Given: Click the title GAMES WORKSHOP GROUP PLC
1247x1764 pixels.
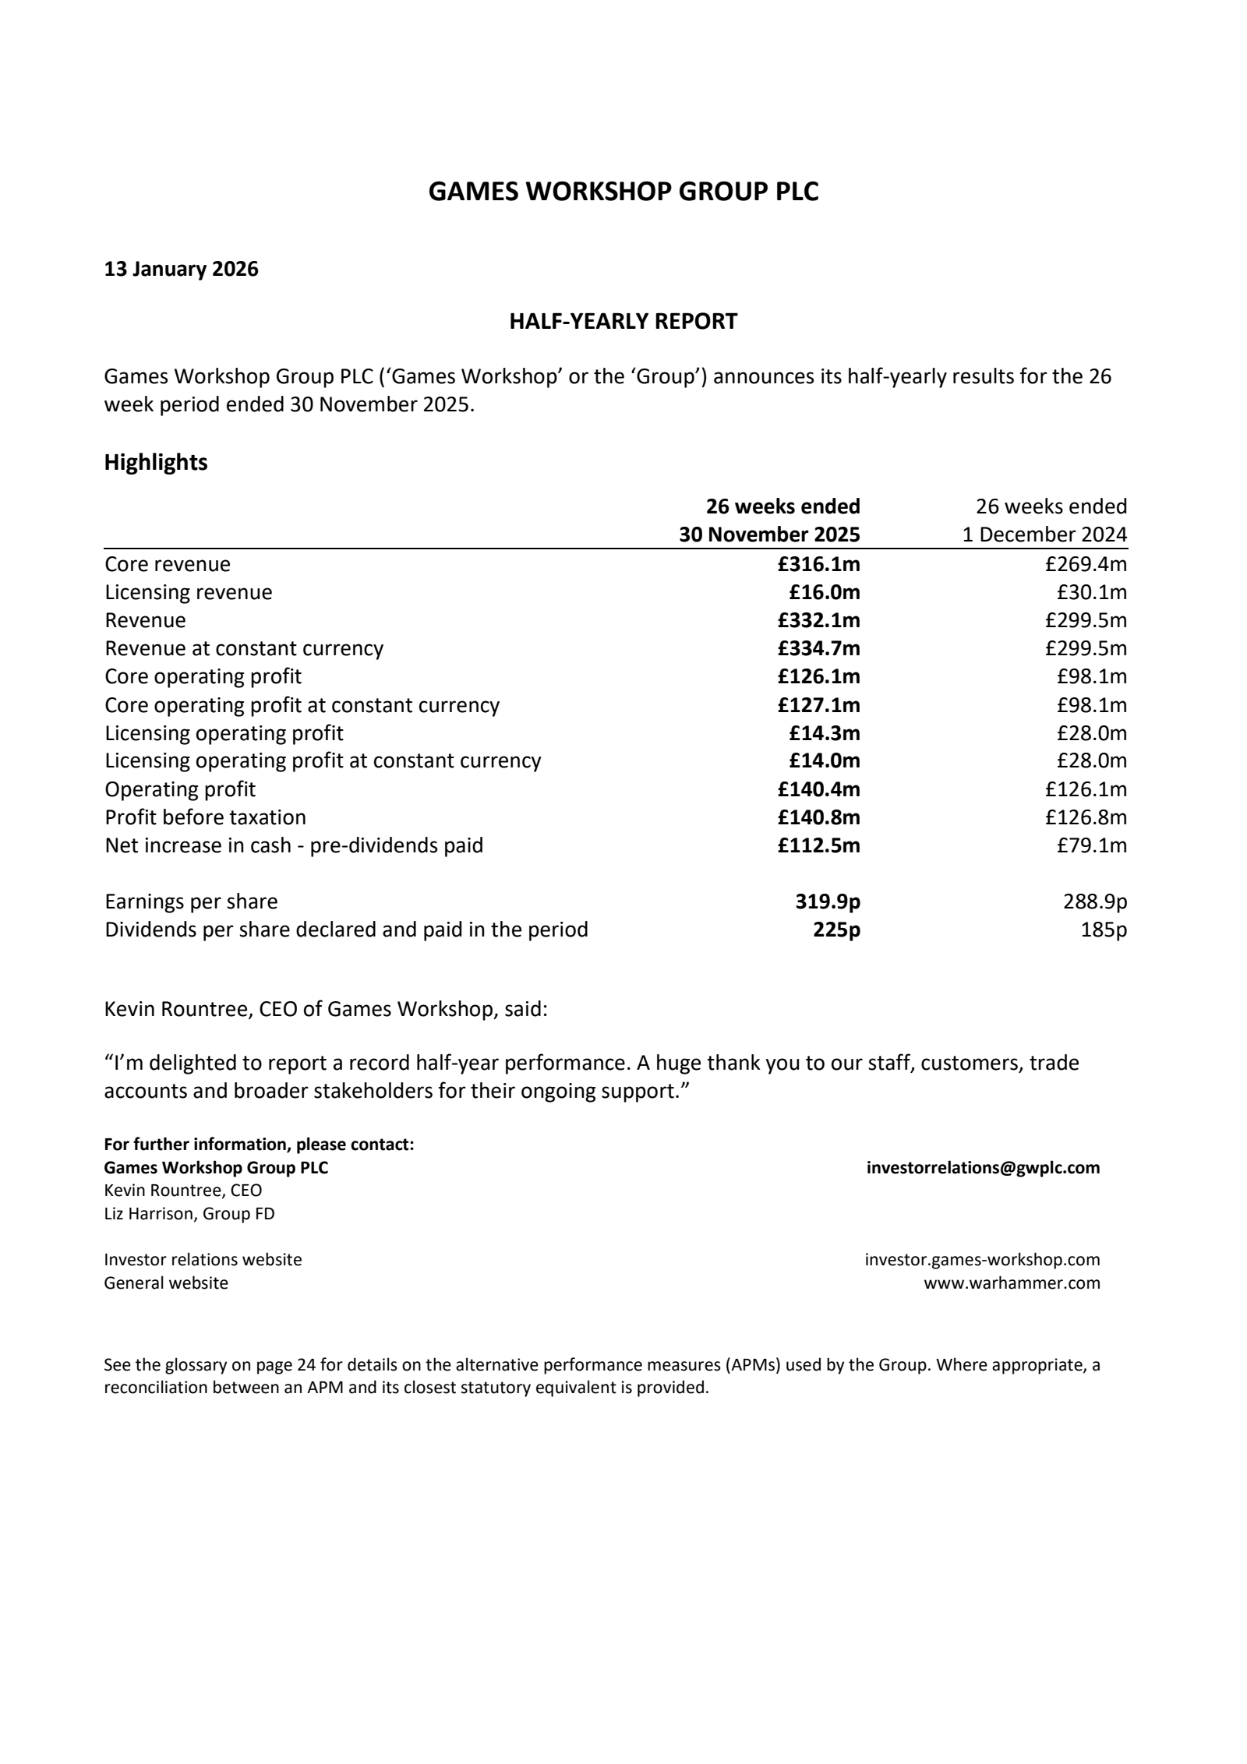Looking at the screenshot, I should pyautogui.click(x=623, y=192).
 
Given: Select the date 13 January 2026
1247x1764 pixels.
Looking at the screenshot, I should pyautogui.click(x=181, y=270).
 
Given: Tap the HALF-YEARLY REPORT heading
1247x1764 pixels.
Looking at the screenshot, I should pyautogui.click(x=623, y=322).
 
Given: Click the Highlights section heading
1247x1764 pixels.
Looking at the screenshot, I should pyautogui.click(x=156, y=463).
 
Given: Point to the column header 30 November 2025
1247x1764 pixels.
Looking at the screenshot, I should pyautogui.click(x=768, y=534).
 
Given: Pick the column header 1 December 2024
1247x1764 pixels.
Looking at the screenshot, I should pyautogui.click(x=1044, y=534).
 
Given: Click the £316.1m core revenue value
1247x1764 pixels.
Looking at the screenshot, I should pyautogui.click(x=818, y=564).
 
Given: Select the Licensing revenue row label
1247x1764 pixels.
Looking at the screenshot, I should pyautogui.click(x=189, y=592).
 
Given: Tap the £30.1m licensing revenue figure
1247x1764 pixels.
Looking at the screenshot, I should pyautogui.click(x=1091, y=592).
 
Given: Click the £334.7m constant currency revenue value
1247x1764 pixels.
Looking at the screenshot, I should pyautogui.click(x=818, y=648).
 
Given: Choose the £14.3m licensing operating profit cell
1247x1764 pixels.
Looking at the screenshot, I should pyautogui.click(x=824, y=733).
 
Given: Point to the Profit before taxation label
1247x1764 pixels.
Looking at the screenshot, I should pyautogui.click(x=205, y=817).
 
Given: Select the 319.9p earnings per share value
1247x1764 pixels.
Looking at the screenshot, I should pyautogui.click(x=827, y=901).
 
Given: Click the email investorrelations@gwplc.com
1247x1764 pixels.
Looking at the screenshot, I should pyautogui.click(x=983, y=1168).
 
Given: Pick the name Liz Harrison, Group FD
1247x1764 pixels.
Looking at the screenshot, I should pyautogui.click(x=189, y=1214).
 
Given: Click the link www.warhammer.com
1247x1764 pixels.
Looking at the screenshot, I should pyautogui.click(x=1012, y=1283).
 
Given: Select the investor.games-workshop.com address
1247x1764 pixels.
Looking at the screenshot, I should pyautogui.click(x=982, y=1260).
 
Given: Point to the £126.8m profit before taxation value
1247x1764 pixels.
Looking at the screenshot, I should pyautogui.click(x=1086, y=817).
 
